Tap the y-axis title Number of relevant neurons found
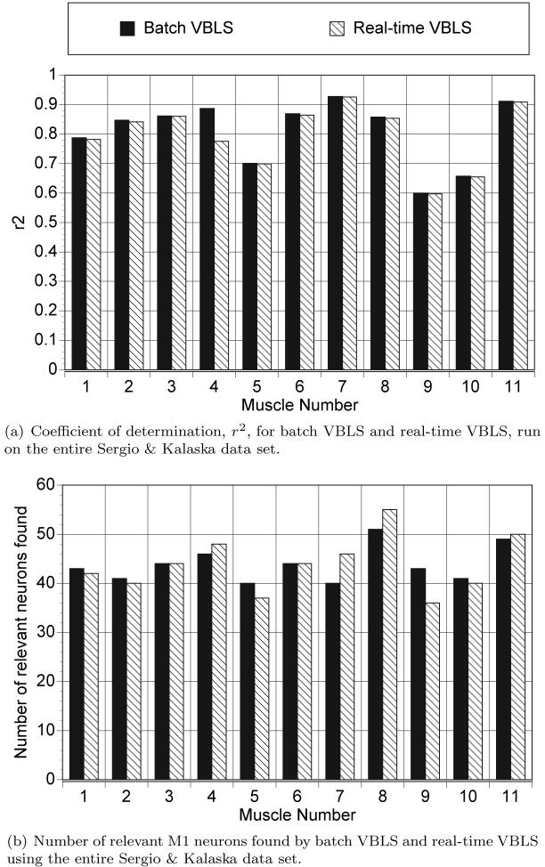click(x=20, y=633)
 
